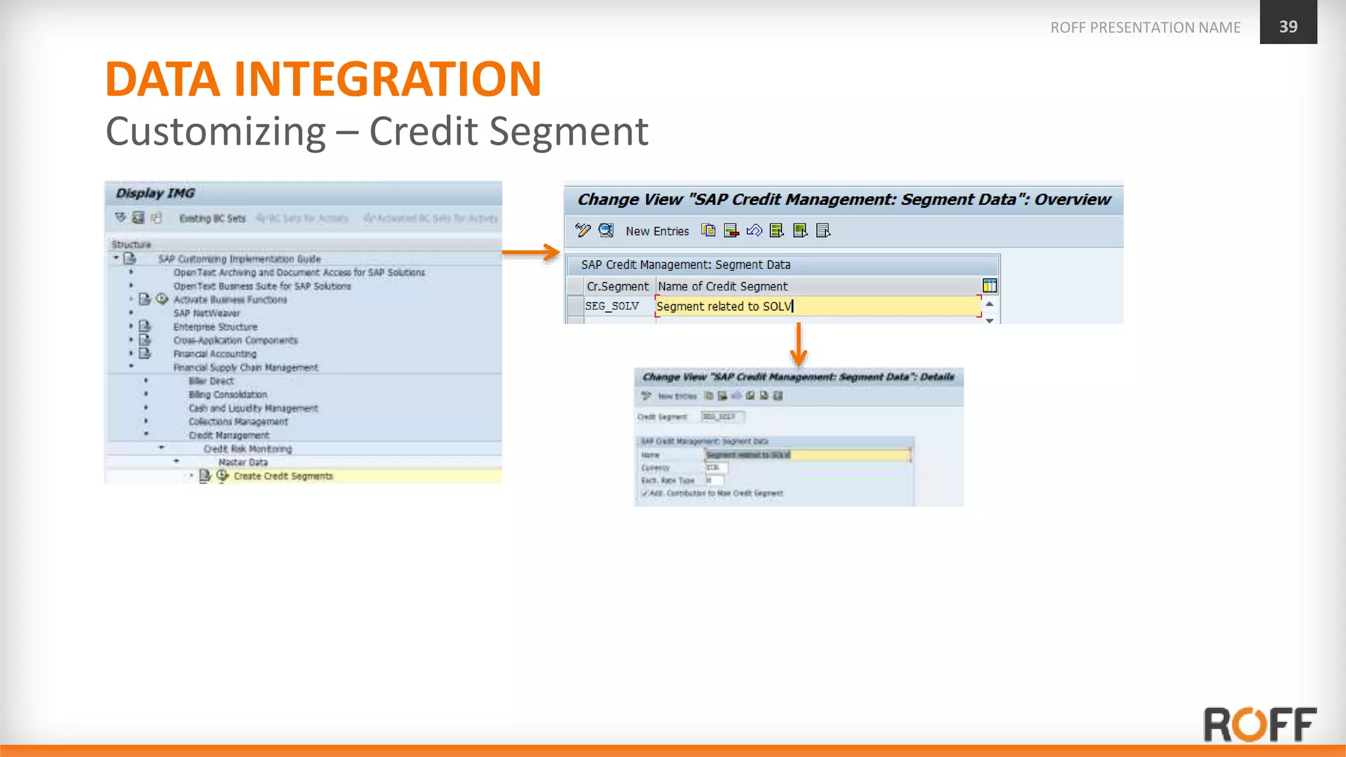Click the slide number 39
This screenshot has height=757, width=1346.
click(x=1288, y=26)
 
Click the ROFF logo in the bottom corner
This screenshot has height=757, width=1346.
click(x=1259, y=724)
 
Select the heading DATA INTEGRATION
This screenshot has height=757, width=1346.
click(x=323, y=80)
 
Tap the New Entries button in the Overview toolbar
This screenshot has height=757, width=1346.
click(x=657, y=231)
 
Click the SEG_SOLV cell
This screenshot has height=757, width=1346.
click(x=612, y=306)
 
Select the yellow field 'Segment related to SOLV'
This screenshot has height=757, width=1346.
click(x=817, y=306)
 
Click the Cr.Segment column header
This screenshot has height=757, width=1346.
click(x=617, y=287)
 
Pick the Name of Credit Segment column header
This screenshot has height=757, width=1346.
click(x=722, y=287)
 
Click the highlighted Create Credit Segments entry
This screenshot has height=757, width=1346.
click(x=283, y=476)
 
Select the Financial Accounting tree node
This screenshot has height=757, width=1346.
click(x=215, y=354)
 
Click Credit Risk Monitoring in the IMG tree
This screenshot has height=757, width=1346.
click(x=248, y=449)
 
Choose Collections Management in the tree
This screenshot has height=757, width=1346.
click(x=238, y=422)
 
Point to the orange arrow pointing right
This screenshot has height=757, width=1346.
click(x=531, y=252)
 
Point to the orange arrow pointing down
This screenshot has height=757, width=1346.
click(x=799, y=345)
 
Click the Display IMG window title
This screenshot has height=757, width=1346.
click(x=155, y=193)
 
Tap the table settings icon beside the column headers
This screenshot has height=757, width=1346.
click(x=989, y=286)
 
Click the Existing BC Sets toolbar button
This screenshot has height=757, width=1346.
click(x=212, y=218)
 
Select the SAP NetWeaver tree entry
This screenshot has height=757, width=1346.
click(x=206, y=313)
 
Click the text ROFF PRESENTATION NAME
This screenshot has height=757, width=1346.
click(x=1145, y=28)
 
